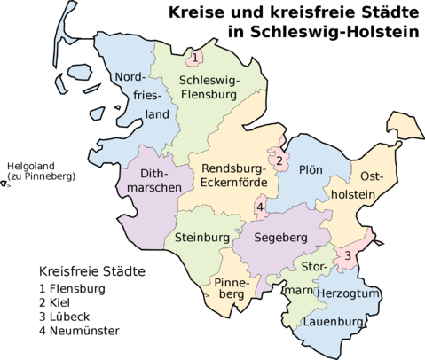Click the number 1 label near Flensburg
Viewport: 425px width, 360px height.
(193, 59)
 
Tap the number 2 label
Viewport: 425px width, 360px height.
(279, 161)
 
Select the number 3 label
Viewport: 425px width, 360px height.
(349, 255)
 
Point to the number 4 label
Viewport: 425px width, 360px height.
(259, 208)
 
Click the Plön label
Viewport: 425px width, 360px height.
(311, 169)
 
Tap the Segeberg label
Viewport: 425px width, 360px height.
(280, 238)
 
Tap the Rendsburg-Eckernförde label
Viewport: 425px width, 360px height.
(234, 176)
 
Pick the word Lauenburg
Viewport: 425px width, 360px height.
(334, 321)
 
